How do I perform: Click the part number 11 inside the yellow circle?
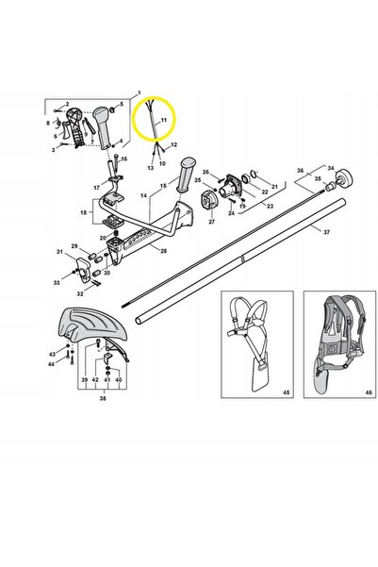click(164, 120)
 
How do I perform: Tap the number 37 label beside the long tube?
click(326, 232)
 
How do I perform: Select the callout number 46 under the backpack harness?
click(369, 392)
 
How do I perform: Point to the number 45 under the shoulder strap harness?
click(286, 392)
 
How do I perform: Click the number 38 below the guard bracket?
click(103, 398)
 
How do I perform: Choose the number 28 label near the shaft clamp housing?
click(163, 251)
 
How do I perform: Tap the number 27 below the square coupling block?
click(212, 222)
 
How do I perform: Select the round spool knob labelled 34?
click(344, 178)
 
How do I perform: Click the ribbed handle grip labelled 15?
click(186, 175)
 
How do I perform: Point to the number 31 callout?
click(59, 252)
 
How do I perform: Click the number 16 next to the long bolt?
click(123, 159)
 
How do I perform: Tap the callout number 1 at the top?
click(140, 93)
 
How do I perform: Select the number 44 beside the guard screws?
click(51, 364)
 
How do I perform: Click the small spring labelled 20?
click(116, 233)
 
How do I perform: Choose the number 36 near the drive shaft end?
click(301, 171)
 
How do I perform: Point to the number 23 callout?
click(270, 207)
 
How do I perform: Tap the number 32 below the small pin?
click(80, 293)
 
